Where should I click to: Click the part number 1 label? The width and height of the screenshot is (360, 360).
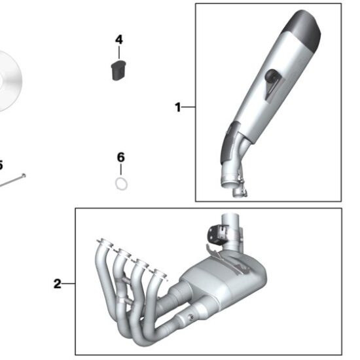coord(177,107)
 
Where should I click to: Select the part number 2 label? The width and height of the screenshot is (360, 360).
coord(57,284)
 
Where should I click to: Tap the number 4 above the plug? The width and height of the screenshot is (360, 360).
coord(118,40)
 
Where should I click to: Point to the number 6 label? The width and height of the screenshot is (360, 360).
coord(120,157)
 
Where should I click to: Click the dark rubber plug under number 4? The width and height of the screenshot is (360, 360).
coord(117,69)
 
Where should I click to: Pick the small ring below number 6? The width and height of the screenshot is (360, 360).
coord(121,184)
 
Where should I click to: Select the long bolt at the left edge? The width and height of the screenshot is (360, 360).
coord(12,179)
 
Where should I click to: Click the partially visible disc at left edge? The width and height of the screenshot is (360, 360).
coord(9,82)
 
